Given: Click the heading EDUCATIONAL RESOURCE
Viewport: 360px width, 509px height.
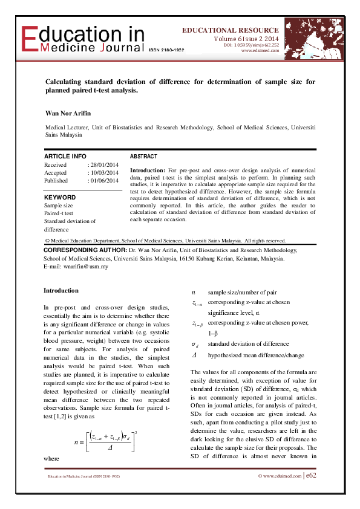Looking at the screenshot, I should (x=231, y=30).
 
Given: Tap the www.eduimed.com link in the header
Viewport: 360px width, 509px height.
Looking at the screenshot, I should (x=260, y=51).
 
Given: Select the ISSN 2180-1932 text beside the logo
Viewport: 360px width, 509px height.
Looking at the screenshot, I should (x=166, y=50).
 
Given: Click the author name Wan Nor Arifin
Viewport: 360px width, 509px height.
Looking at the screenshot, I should (x=67, y=113).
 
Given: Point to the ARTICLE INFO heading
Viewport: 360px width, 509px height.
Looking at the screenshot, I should (x=65, y=156).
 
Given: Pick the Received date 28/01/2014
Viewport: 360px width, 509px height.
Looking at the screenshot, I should (x=104, y=165).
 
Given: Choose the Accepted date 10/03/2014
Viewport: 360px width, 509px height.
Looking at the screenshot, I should (x=104, y=173).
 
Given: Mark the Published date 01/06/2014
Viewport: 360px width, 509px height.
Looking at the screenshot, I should (x=104, y=181).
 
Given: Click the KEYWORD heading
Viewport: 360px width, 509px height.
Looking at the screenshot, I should (x=60, y=197).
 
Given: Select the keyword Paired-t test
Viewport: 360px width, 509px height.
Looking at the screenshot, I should (x=59, y=213).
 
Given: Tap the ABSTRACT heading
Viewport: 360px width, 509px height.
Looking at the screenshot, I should (x=143, y=156).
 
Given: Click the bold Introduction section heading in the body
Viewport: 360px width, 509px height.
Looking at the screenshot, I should (x=61, y=290).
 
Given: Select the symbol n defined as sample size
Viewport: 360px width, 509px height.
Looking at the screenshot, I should (x=193, y=292).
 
